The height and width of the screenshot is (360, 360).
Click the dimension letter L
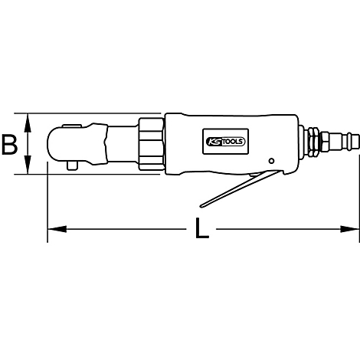[x=201, y=229]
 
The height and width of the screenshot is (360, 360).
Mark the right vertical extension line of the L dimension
[x=358, y=191]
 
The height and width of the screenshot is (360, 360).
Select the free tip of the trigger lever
[x=201, y=203]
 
